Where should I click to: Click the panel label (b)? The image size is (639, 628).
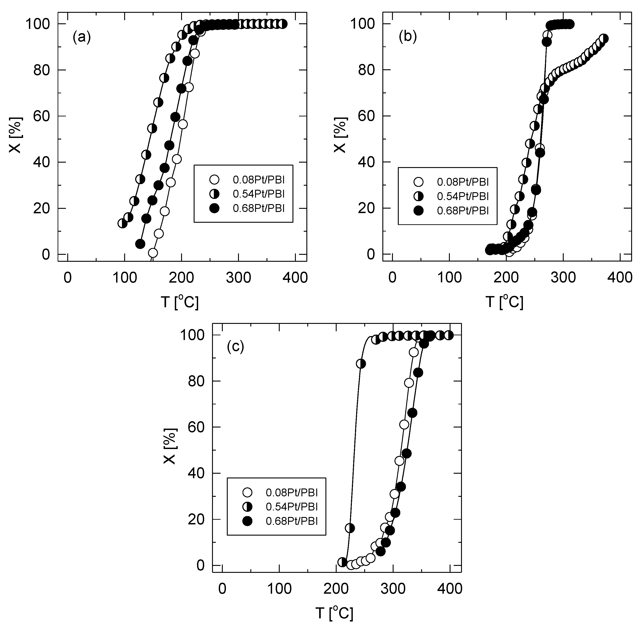click(x=408, y=37)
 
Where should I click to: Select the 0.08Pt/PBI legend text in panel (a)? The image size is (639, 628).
click(x=259, y=180)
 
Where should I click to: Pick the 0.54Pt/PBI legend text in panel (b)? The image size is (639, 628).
click(x=463, y=196)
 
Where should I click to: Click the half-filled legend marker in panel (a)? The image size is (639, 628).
click(x=214, y=194)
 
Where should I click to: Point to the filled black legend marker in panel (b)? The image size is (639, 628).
click(x=418, y=211)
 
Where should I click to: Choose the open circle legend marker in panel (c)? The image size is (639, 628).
click(x=247, y=493)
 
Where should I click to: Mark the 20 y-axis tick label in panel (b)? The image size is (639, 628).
click(x=366, y=208)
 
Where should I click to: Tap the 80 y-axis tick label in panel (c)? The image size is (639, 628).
click(x=196, y=381)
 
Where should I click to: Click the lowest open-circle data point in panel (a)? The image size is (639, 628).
click(x=153, y=253)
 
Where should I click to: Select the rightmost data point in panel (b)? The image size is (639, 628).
click(x=604, y=39)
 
